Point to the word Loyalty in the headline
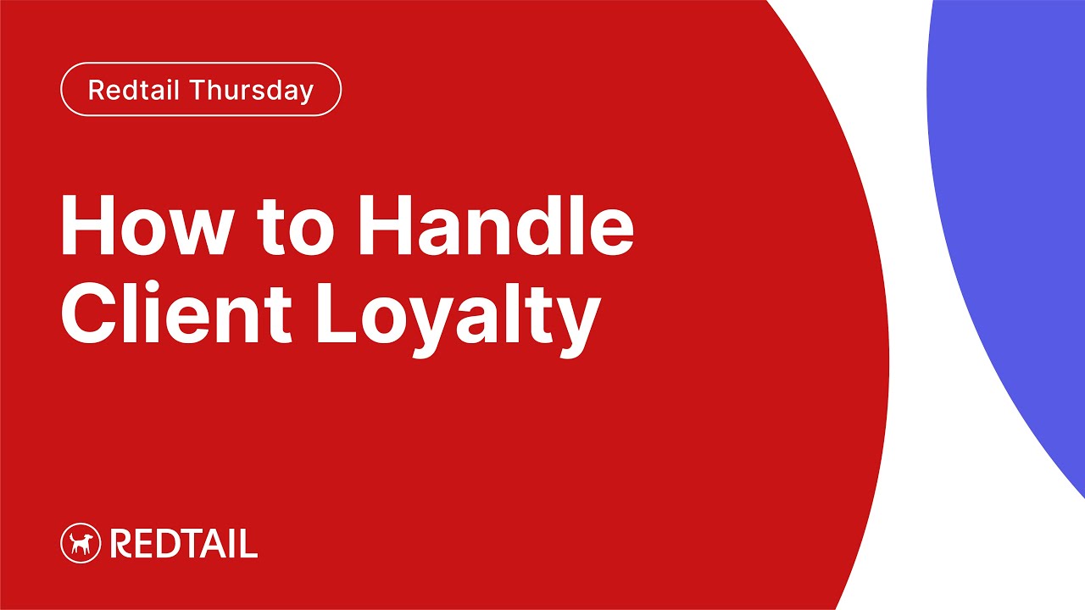pyautogui.click(x=458, y=315)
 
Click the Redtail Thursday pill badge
pyautogui.click(x=201, y=89)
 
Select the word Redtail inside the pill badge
pyautogui.click(x=137, y=90)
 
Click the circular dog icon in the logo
pyautogui.click(x=81, y=543)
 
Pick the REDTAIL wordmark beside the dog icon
pyautogui.click(x=184, y=544)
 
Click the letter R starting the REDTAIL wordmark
pyautogui.click(x=120, y=544)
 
